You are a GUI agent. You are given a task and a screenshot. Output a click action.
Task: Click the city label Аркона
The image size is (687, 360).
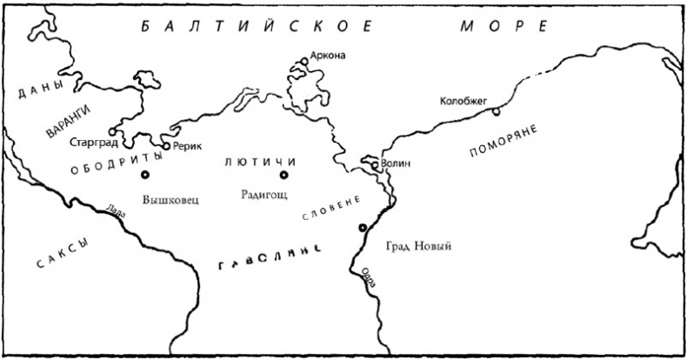point(330,57)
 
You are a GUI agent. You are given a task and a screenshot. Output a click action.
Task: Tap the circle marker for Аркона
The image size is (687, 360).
point(304,61)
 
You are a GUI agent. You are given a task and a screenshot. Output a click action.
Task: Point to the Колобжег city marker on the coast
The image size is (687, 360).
point(496,112)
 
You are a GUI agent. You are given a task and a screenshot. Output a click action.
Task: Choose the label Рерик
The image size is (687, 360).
point(188,146)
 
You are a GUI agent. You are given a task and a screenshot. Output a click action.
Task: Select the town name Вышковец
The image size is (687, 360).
point(167,197)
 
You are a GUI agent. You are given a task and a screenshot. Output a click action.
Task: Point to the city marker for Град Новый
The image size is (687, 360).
point(363,228)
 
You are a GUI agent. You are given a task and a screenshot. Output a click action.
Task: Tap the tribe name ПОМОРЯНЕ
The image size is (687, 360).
point(503,141)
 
